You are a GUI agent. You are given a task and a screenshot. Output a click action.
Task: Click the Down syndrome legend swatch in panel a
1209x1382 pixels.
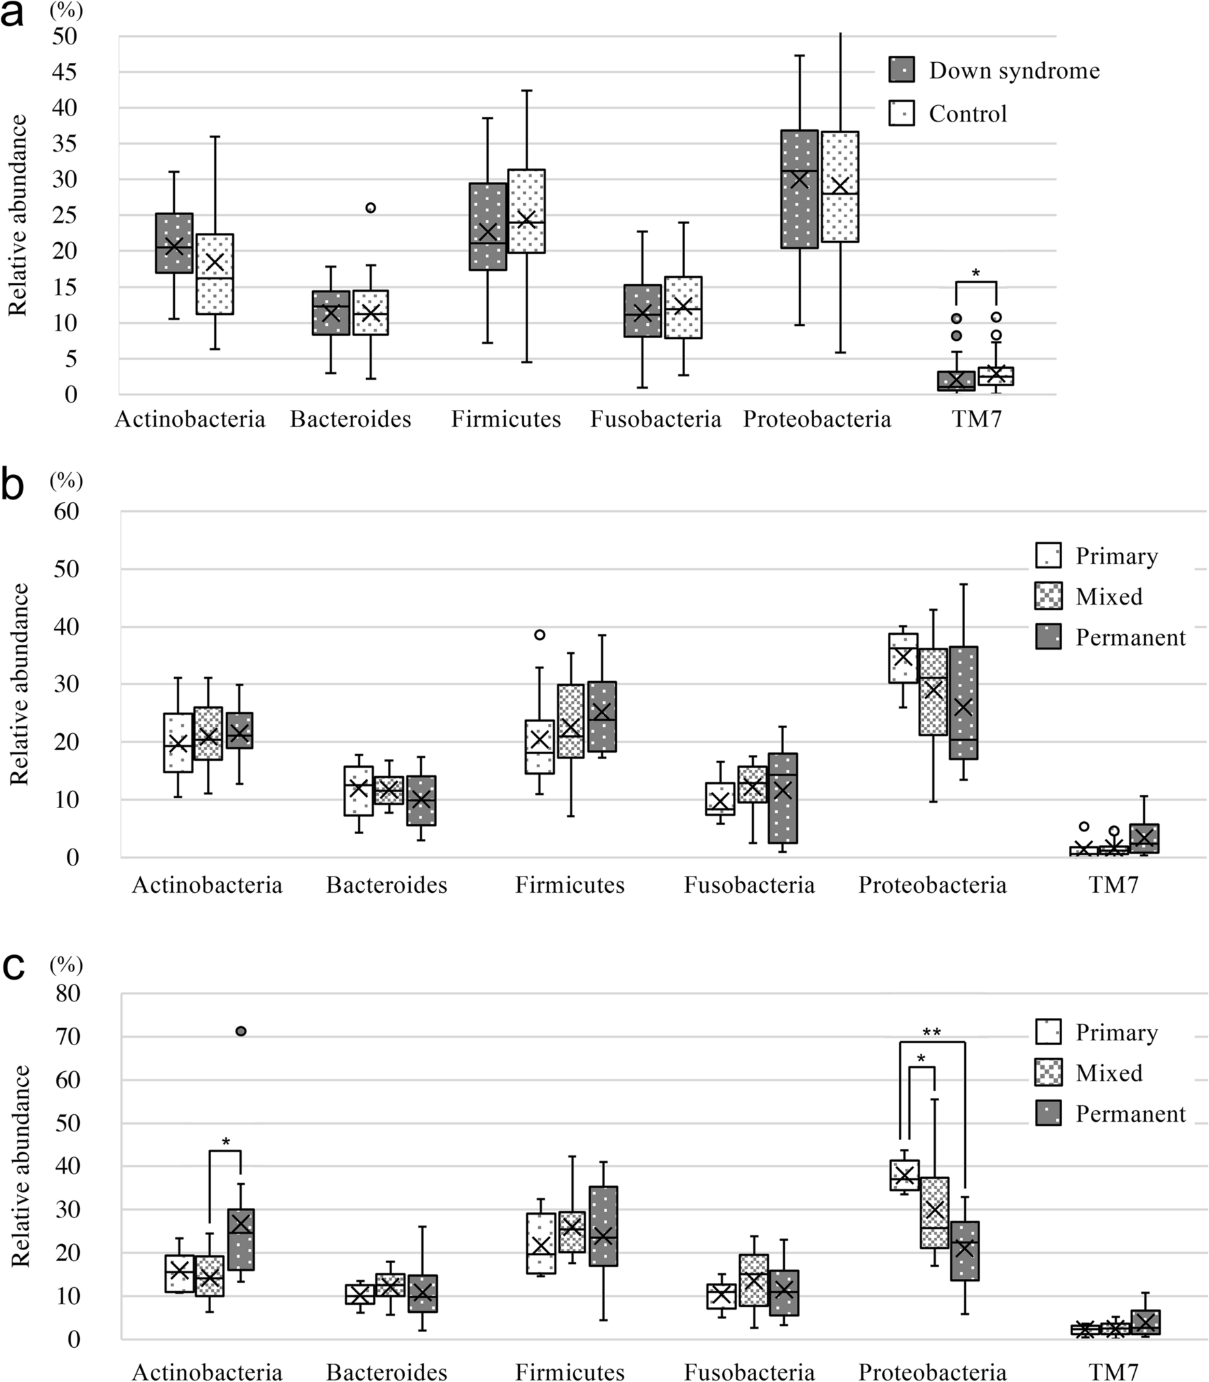coord(901,70)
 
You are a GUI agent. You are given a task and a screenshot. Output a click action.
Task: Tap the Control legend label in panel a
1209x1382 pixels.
coord(967,113)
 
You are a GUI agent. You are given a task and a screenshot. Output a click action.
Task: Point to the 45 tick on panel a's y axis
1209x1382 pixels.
coord(66,72)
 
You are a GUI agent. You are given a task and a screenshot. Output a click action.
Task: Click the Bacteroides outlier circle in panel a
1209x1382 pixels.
coord(370,208)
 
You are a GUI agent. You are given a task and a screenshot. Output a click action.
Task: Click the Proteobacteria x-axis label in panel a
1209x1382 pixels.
coord(817,419)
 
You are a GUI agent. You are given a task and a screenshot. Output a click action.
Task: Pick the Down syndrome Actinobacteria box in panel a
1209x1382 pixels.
coord(174,243)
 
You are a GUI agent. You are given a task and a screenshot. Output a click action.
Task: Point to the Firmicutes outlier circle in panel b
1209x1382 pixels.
coord(540,635)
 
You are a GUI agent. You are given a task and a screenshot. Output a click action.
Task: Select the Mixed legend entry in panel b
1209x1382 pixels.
coord(1108,596)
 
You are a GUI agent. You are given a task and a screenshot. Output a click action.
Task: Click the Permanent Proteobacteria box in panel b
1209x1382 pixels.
coord(963,702)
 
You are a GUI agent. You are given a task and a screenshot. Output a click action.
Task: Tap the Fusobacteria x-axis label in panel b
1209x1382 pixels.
coord(749,885)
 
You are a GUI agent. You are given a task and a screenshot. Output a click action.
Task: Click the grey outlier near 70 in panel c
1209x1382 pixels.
coord(240,1031)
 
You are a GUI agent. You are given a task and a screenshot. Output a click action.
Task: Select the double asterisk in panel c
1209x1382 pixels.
coord(931,1032)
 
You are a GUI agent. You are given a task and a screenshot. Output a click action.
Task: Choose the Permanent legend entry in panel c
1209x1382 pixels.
coord(1130,1114)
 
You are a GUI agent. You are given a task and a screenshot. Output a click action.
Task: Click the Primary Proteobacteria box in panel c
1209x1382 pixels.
coord(904,1175)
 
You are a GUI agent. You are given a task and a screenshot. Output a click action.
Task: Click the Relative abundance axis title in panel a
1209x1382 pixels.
coord(18,215)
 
